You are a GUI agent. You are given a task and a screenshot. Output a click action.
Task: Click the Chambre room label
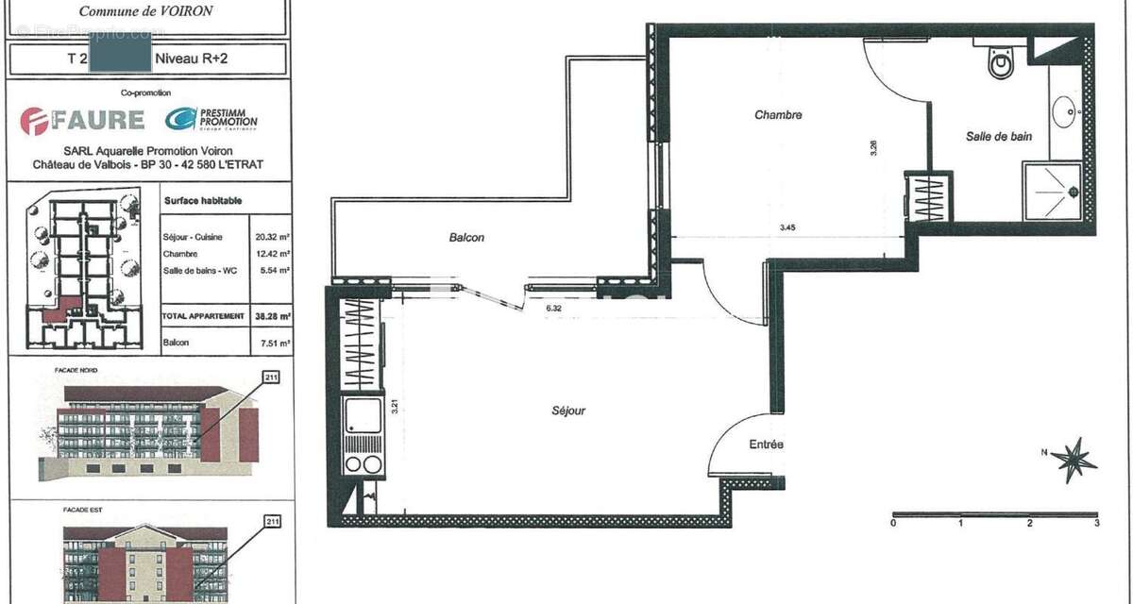(778, 115)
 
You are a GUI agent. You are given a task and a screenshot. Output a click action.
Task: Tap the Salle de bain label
(998, 137)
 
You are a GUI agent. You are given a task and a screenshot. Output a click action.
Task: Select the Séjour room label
(568, 411)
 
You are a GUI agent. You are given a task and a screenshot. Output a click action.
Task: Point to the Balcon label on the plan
(466, 238)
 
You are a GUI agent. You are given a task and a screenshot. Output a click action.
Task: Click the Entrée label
(766, 445)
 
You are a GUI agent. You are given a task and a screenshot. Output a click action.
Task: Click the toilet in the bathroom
(999, 63)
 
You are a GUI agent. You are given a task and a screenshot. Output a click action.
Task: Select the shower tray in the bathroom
(1052, 192)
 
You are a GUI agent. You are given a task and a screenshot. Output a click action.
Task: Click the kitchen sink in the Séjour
(364, 416)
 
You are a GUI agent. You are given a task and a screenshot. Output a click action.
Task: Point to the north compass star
(1074, 460)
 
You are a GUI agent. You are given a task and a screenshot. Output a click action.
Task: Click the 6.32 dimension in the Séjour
(555, 307)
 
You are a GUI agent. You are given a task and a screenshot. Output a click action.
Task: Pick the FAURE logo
(83, 120)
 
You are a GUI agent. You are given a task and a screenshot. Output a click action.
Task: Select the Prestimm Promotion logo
(211, 119)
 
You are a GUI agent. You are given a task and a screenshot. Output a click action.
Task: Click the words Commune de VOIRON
(145, 11)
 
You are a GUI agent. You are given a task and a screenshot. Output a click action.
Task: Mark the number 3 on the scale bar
(1095, 523)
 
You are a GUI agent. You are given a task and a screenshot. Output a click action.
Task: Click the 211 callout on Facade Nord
(273, 377)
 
